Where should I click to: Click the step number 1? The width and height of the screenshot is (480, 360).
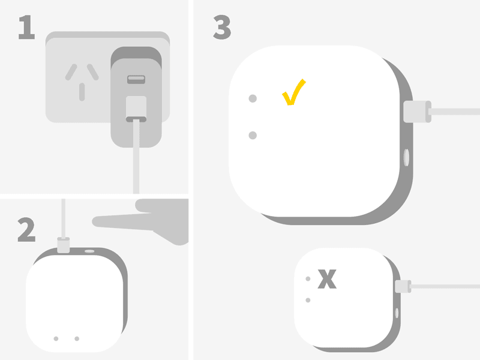[27, 27]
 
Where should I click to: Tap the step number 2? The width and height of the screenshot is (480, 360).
[26, 230]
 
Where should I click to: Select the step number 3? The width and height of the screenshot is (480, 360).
[222, 27]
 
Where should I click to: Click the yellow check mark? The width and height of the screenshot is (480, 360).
[293, 92]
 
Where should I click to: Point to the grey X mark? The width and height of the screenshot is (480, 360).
[327, 279]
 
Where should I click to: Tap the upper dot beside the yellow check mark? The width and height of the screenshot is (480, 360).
[253, 98]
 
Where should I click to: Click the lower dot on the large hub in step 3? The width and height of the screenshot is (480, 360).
[253, 136]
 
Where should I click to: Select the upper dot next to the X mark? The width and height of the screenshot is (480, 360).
[308, 279]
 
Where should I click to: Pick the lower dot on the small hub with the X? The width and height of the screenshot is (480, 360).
[308, 301]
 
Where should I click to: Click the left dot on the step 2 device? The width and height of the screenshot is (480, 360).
[56, 338]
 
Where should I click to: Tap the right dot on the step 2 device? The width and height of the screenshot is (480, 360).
[77, 338]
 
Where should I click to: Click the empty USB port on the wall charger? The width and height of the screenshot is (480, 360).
[136, 79]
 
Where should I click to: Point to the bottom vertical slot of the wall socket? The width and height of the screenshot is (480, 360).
[82, 92]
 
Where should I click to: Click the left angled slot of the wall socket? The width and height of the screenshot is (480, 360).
[71, 72]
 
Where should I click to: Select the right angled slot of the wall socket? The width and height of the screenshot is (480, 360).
[93, 72]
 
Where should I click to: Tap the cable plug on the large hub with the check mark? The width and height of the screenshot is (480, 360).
[417, 112]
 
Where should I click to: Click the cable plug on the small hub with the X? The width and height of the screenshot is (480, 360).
[403, 287]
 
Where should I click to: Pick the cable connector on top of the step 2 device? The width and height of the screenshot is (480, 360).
[64, 245]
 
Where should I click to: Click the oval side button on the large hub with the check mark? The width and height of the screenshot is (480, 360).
[407, 158]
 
